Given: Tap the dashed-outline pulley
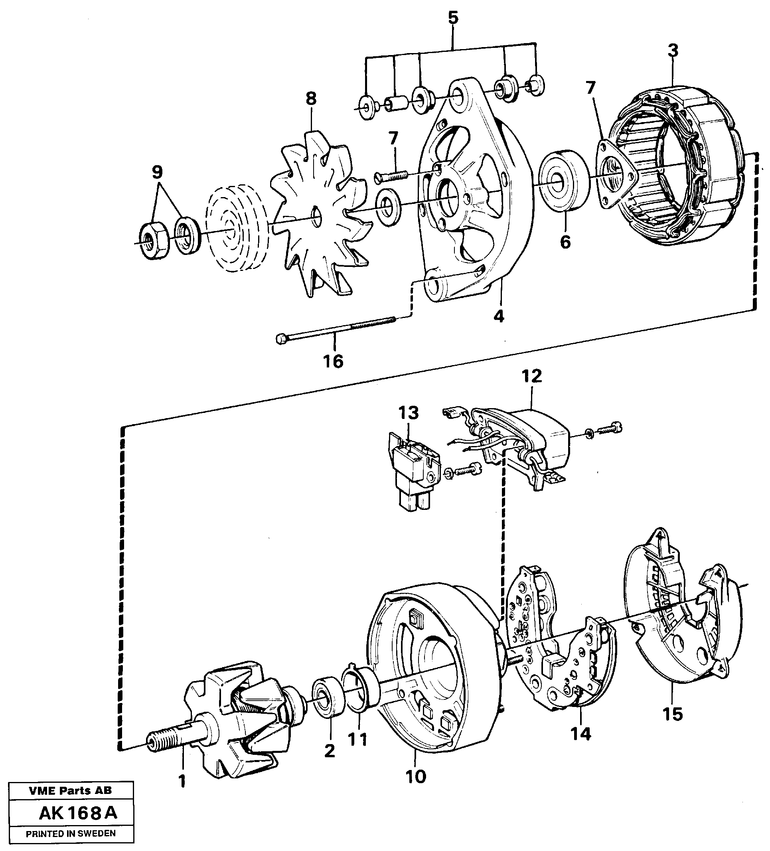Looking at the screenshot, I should pyautogui.click(x=235, y=233).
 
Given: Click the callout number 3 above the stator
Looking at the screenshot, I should pyautogui.click(x=673, y=50).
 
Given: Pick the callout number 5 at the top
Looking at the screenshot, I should pyautogui.click(x=452, y=18).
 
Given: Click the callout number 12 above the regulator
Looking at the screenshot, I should pyautogui.click(x=531, y=376).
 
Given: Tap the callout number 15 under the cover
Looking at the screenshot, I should pyautogui.click(x=673, y=714).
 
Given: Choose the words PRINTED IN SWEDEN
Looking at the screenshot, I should pyautogui.click(x=71, y=833).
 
